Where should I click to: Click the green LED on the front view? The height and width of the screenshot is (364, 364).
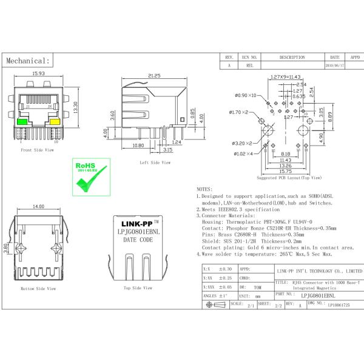tap(22, 121)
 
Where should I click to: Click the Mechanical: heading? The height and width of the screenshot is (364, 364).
tap(27, 61)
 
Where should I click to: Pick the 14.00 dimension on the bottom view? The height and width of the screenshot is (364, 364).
tap(38, 207)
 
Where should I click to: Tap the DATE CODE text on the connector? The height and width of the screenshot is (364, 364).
tap(138, 240)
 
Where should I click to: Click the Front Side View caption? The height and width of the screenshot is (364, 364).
tap(38, 149)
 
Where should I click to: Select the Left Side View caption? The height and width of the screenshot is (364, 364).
tap(155, 163)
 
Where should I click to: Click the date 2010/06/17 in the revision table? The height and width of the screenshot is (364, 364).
tap(334, 65)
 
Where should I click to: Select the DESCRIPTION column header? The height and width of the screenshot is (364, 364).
tap(292, 56)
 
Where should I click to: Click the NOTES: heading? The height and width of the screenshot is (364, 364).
tap(205, 189)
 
